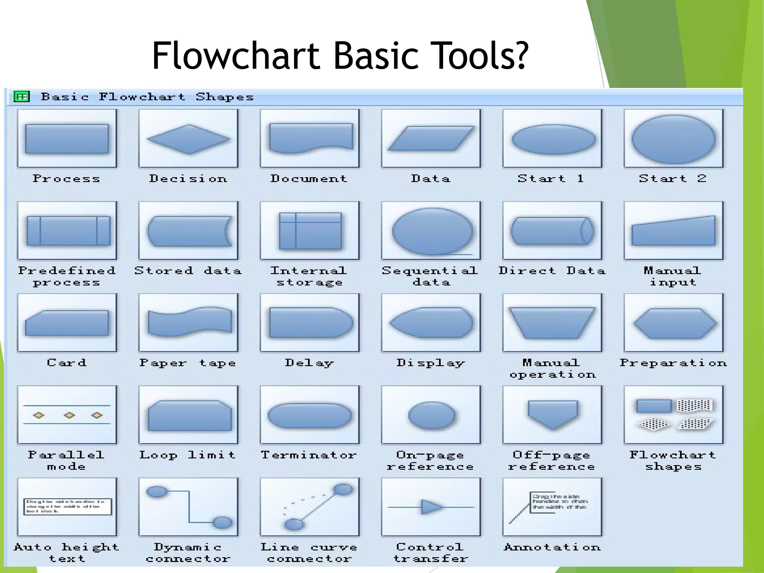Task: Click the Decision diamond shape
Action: (188, 139)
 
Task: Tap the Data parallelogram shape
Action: (431, 138)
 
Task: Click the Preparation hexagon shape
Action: (674, 323)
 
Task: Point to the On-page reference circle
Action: (432, 415)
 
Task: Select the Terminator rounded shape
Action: (310, 415)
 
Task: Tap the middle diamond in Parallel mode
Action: (69, 415)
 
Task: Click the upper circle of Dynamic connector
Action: (157, 491)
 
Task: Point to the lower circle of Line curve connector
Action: (294, 524)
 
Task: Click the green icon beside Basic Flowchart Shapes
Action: (21, 97)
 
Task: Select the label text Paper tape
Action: (188, 363)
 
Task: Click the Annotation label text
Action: (552, 547)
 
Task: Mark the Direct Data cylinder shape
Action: (552, 231)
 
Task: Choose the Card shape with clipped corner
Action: (67, 323)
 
